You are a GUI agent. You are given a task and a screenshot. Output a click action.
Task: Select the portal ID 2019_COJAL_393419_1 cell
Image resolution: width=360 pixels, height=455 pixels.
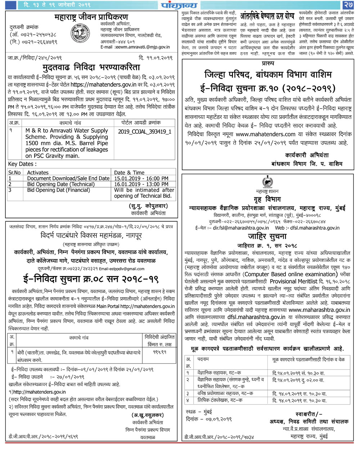pos(144,131)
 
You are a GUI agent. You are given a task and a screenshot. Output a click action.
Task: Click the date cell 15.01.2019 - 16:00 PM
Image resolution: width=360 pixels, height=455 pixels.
pos(141,178)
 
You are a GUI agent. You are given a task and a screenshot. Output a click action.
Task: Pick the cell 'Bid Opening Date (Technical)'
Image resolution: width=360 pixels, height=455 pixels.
pos(61,184)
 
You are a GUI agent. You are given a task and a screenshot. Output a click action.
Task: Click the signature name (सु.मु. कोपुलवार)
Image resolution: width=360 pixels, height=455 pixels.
pos(148,206)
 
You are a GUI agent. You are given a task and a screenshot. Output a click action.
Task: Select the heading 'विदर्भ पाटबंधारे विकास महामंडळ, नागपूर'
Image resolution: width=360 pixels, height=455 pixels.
pos(91,236)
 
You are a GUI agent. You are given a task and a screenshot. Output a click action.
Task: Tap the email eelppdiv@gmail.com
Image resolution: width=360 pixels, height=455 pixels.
pos(122,269)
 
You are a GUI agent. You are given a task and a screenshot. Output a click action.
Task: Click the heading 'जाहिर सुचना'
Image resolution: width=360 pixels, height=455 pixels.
pos(267,236)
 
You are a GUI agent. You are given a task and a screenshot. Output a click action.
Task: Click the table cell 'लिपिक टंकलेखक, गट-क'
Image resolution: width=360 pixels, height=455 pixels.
pos(220,400)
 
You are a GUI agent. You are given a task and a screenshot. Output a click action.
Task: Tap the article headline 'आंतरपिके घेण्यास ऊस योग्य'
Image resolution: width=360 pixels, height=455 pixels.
pos(267,16)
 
